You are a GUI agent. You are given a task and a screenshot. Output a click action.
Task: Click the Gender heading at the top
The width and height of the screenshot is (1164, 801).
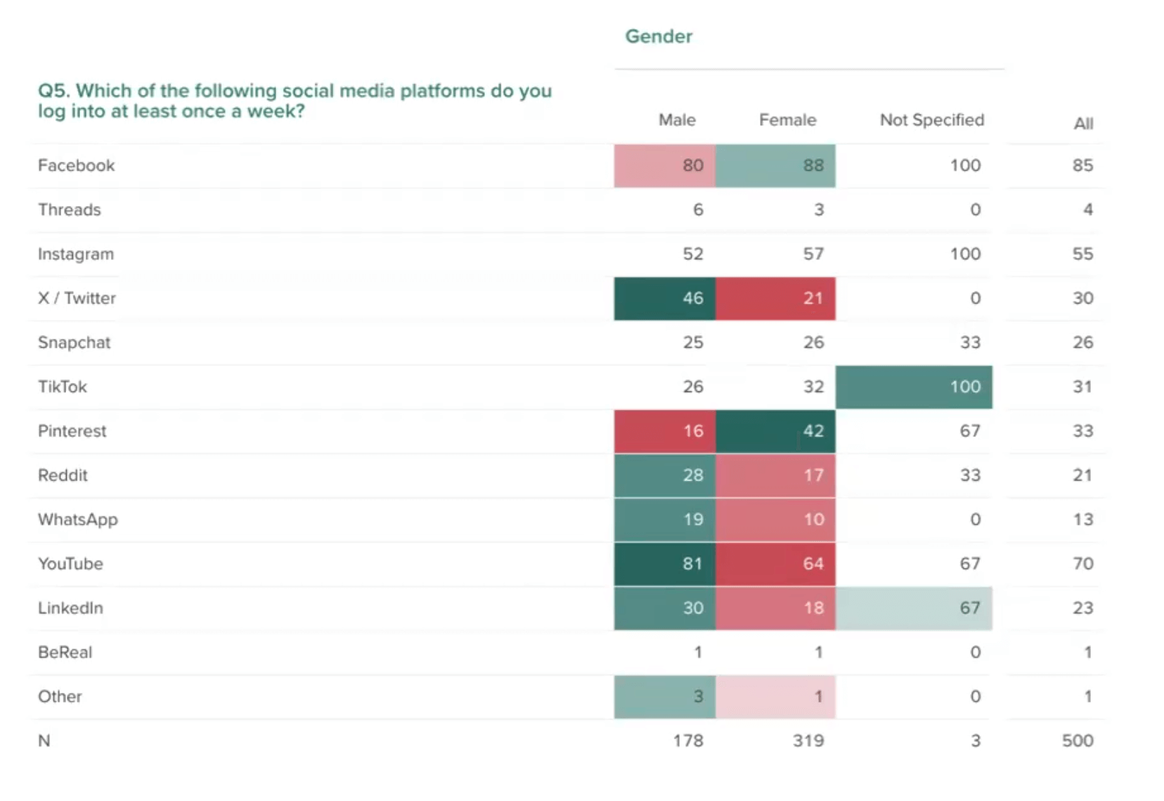658,37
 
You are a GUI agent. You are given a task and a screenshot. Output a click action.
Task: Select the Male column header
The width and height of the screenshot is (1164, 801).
676,120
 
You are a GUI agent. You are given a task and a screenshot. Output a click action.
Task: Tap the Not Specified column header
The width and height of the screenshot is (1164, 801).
931,120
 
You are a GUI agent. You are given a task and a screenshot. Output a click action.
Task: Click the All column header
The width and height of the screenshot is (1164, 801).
1082,124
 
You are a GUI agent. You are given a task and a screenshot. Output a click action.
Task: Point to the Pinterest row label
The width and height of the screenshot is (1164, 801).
72,431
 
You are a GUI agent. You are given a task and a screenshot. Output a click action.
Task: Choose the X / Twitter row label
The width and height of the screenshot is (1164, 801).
77,298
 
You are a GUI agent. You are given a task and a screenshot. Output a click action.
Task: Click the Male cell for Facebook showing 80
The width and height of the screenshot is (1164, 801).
665,166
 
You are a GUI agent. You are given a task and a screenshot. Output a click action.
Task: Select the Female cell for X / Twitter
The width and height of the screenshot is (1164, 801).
775,298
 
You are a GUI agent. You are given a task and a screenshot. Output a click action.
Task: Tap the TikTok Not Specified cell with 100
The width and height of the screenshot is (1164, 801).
914,386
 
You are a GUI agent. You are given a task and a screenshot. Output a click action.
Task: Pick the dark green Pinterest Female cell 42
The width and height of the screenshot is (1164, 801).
775,431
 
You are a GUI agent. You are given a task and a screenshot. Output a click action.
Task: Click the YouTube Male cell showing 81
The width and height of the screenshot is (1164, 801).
665,564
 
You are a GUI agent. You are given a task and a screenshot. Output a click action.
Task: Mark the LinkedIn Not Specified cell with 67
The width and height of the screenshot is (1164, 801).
914,608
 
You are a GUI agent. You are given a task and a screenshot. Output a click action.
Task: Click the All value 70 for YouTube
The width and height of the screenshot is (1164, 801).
1082,564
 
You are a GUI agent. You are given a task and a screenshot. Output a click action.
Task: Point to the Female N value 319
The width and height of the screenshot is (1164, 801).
808,741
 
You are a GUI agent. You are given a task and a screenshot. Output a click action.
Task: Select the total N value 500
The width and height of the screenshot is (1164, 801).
1077,741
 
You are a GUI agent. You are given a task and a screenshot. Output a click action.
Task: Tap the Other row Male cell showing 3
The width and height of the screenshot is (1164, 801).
665,696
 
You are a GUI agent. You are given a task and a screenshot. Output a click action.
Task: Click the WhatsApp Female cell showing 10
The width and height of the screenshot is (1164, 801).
775,519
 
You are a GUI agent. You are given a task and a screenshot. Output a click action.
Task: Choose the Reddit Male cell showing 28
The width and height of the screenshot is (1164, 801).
665,475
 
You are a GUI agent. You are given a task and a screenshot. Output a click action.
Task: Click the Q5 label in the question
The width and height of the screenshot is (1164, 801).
53,91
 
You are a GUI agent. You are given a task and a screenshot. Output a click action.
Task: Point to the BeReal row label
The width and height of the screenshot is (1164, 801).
65,652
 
